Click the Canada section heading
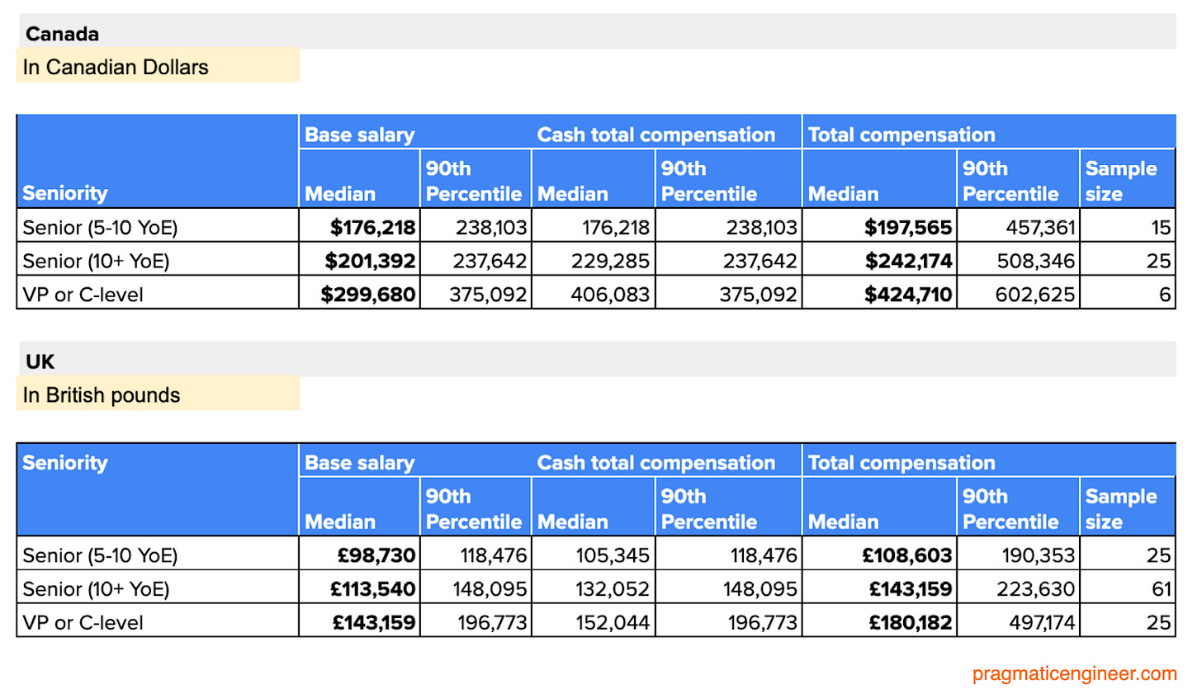pyautogui.click(x=62, y=34)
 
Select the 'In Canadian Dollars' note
pyautogui.click(x=116, y=67)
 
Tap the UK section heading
pyautogui.click(x=40, y=361)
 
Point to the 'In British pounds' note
pyautogui.click(x=102, y=395)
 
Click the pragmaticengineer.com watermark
pyautogui.click(x=1074, y=673)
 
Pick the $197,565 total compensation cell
pyautogui.click(x=907, y=227)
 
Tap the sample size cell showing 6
pyautogui.click(x=1165, y=295)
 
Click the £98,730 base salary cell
pyautogui.click(x=376, y=555)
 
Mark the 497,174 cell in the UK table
pyautogui.click(x=1042, y=622)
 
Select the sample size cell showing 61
pyautogui.click(x=1161, y=588)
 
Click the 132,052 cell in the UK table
pyautogui.click(x=612, y=588)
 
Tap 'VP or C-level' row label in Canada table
pyautogui.click(x=83, y=295)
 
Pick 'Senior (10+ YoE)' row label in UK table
pyautogui.click(x=96, y=588)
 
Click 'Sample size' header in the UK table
pyautogui.click(x=1120, y=508)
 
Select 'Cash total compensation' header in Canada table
pyautogui.click(x=655, y=135)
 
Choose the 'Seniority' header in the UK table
pyautogui.click(x=65, y=463)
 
